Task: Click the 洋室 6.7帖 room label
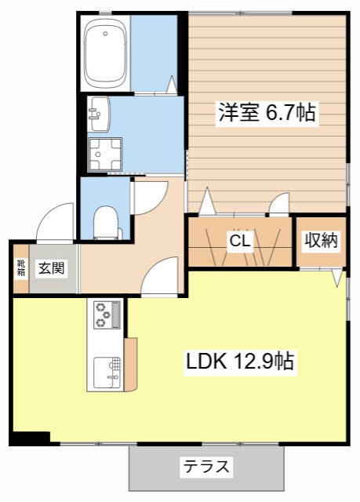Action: pyautogui.click(x=267, y=112)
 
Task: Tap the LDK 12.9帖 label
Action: pyautogui.click(x=240, y=361)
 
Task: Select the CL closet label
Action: pyautogui.click(x=240, y=241)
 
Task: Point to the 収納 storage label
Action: pyautogui.click(x=321, y=240)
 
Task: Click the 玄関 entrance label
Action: pyautogui.click(x=52, y=268)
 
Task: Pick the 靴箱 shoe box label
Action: pyautogui.click(x=21, y=268)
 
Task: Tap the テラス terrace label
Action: pyautogui.click(x=207, y=466)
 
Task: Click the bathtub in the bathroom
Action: pyautogui.click(x=105, y=53)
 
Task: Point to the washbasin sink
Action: pyautogui.click(x=99, y=114)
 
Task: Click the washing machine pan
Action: pyautogui.click(x=105, y=155)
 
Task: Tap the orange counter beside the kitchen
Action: pyautogui.click(x=130, y=364)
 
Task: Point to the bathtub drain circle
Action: pyautogui.click(x=104, y=33)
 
